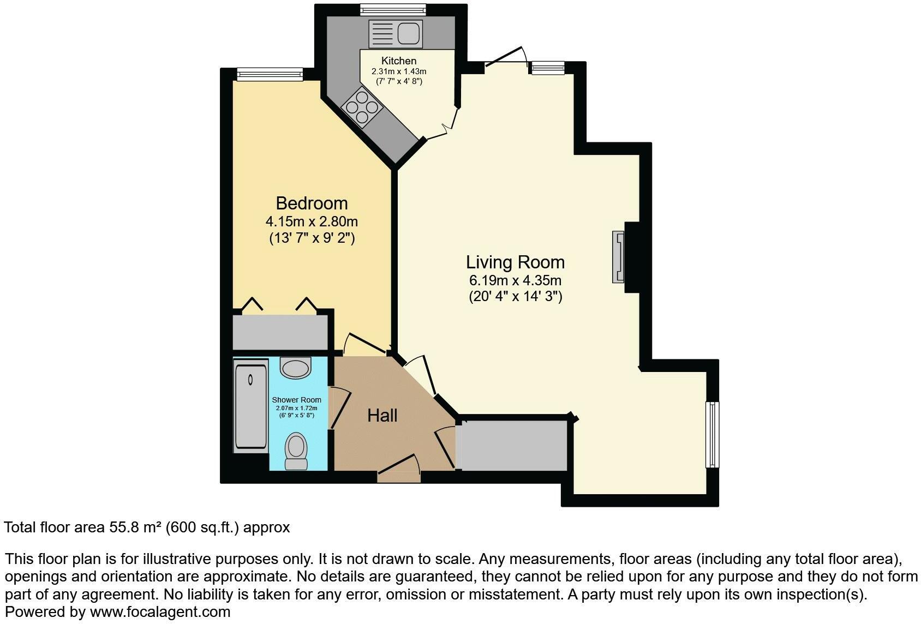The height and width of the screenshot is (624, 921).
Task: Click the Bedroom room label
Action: (312, 203)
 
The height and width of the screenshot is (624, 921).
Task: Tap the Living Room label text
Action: (515, 262)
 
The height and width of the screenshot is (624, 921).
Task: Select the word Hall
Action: (382, 416)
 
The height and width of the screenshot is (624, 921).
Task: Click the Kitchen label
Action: (399, 61)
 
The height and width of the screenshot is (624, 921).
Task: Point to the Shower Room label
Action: (296, 400)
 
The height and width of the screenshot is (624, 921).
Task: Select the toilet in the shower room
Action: (296, 451)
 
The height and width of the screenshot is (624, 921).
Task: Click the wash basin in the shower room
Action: (295, 368)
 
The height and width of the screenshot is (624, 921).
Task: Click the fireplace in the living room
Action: (618, 257)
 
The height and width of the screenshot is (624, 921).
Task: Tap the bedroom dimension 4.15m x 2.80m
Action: (312, 221)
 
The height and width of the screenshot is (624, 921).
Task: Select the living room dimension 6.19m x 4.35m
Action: (515, 280)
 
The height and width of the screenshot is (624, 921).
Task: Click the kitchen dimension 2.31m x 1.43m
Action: (399, 71)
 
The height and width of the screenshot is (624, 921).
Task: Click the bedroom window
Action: (270, 74)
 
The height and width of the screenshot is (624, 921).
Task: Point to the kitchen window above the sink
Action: (393, 10)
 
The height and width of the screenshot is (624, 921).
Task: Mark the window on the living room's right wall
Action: (713, 435)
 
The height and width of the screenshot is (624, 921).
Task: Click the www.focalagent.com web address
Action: (160, 612)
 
